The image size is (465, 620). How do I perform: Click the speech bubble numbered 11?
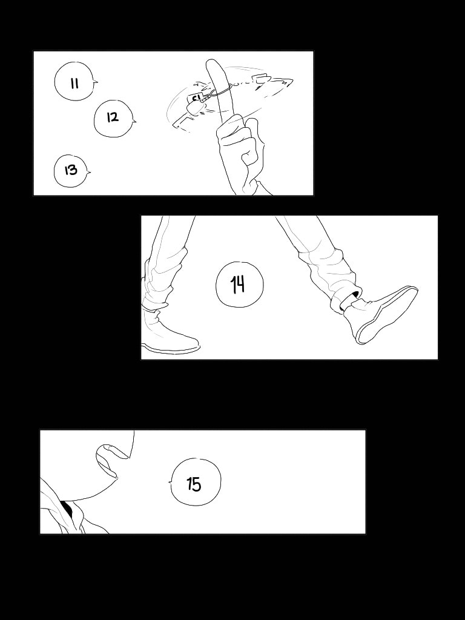74,82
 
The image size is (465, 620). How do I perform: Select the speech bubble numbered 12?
113,118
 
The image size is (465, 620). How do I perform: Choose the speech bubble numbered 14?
240,285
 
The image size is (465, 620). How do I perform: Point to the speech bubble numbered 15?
196,483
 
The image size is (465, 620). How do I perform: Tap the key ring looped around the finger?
221,91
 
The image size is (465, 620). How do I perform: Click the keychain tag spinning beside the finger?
196,103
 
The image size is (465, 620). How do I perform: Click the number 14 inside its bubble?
238,285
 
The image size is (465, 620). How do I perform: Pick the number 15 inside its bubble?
194,484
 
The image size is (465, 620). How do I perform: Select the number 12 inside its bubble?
113,117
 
